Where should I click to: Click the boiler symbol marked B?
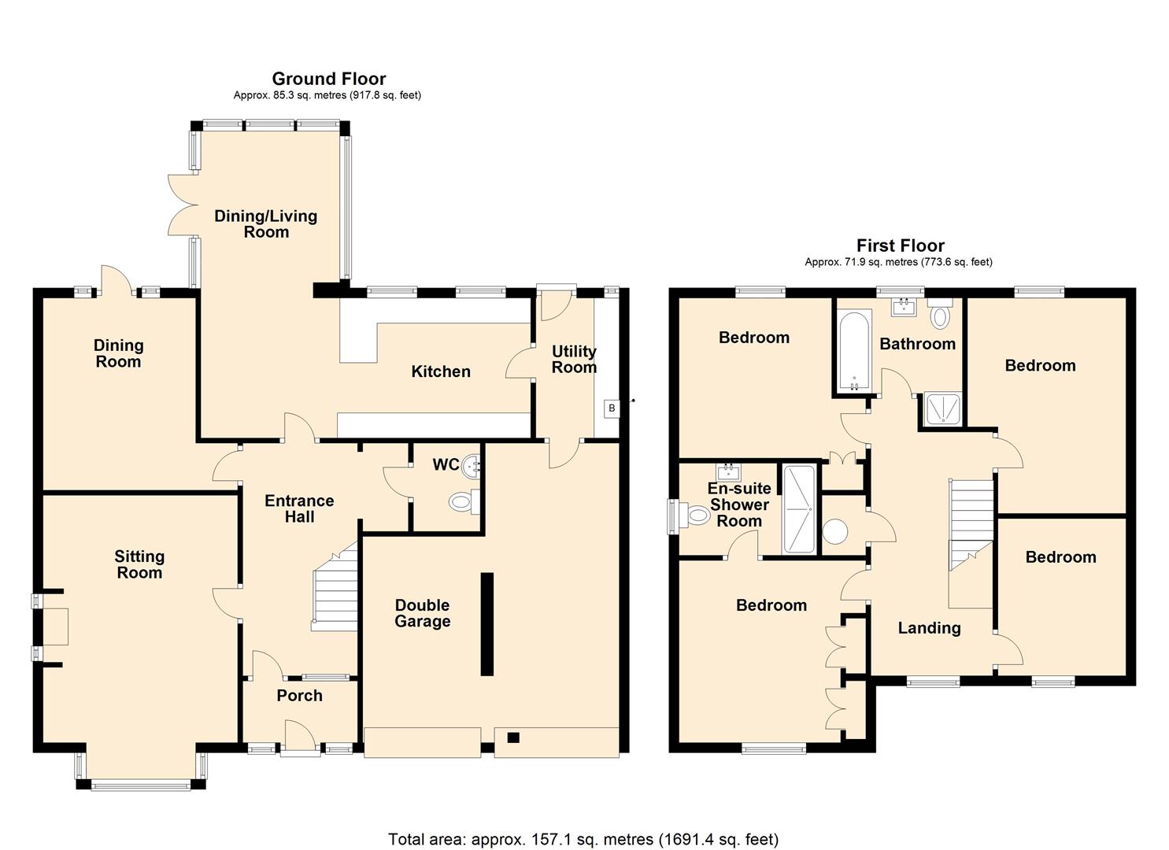[612, 408]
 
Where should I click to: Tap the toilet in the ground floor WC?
[461, 501]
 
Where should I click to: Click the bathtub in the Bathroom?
[853, 351]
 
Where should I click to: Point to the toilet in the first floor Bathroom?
[940, 315]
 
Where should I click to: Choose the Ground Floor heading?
[328, 79]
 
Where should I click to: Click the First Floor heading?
[900, 246]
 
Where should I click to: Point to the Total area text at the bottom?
[583, 839]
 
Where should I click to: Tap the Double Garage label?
[422, 613]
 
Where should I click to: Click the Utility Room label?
[573, 359]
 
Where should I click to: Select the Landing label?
[929, 628]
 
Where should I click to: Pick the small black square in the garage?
[513, 737]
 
